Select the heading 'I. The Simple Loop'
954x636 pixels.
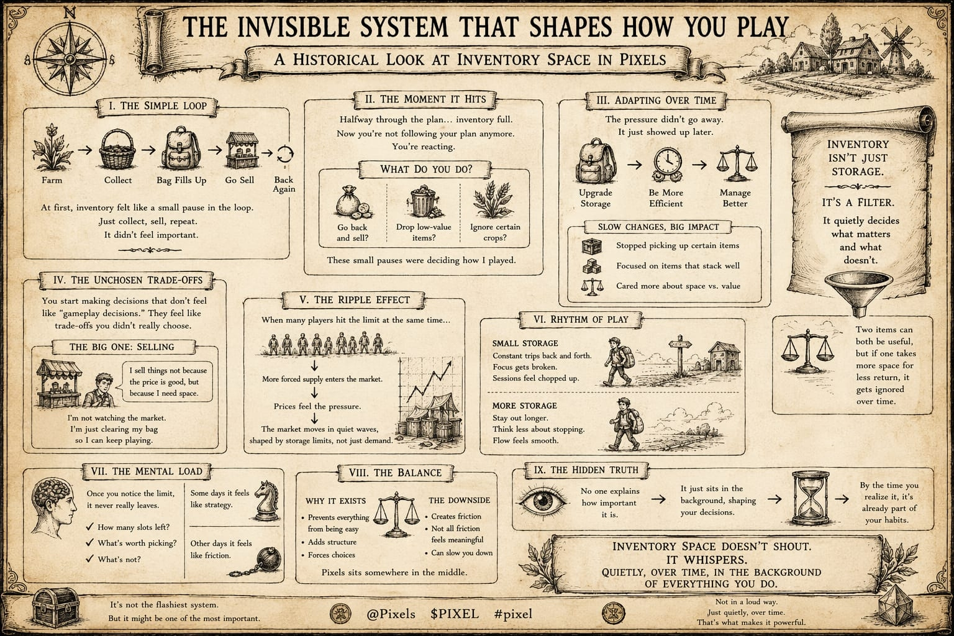pyautogui.click(x=157, y=106)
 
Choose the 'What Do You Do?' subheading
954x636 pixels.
pyautogui.click(x=426, y=169)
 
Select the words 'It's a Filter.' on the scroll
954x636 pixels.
pyautogui.click(x=856, y=202)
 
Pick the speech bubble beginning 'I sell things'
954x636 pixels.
pyautogui.click(x=168, y=382)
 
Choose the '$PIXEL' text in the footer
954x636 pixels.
pyautogui.click(x=454, y=614)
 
